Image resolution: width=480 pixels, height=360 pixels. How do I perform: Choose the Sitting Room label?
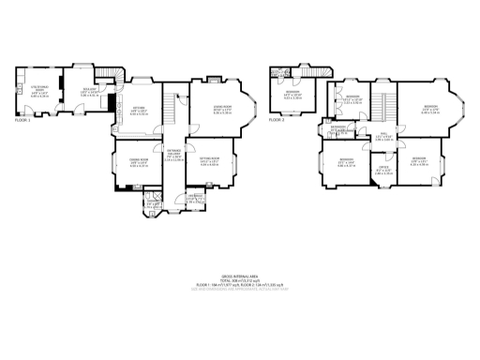[x=209, y=161]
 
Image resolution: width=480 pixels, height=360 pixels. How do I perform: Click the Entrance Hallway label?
[x=174, y=157]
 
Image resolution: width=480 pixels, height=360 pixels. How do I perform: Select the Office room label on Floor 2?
[x=384, y=171]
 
